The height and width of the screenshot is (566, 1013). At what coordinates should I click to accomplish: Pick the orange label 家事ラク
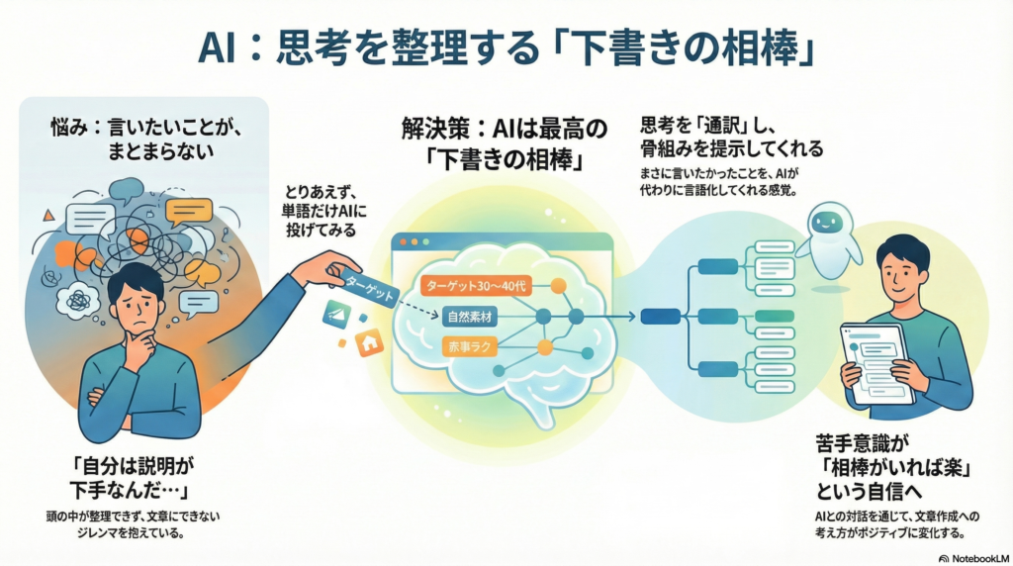[x=467, y=347]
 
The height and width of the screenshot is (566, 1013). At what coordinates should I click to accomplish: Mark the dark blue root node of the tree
[x=660, y=317]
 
